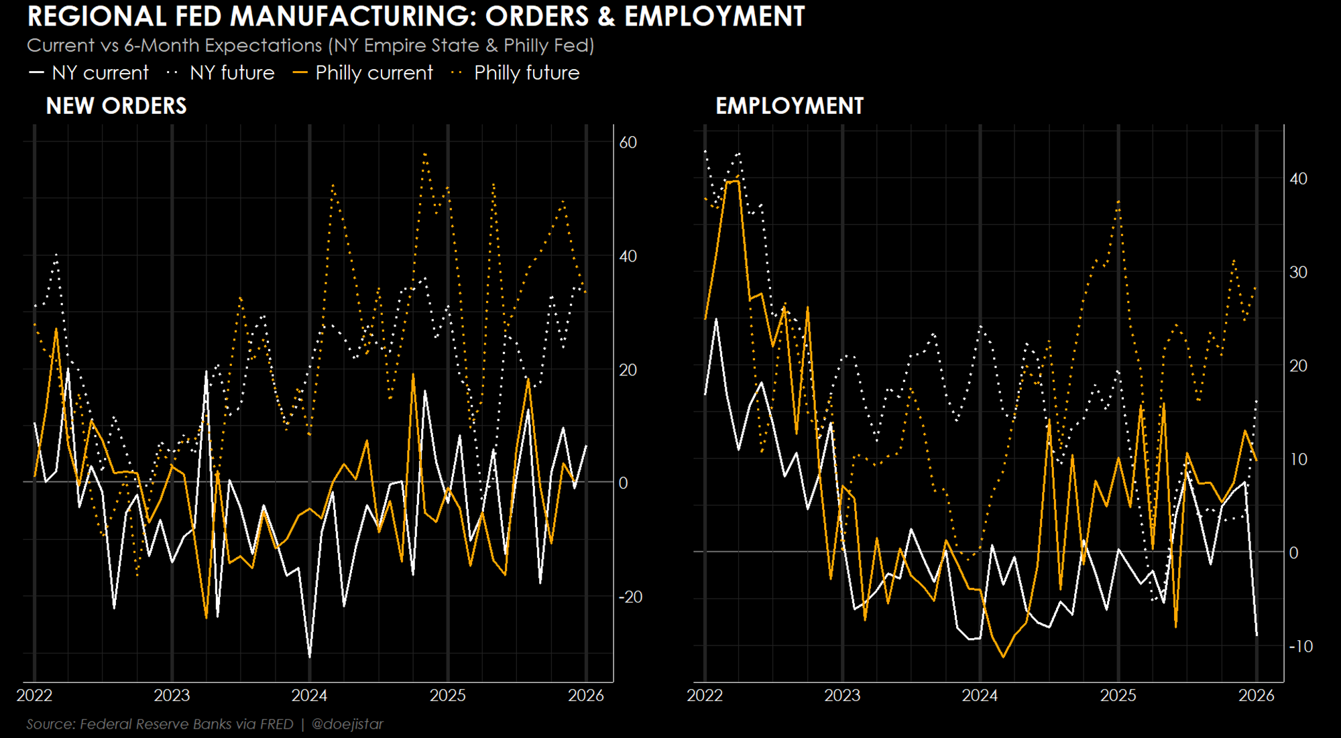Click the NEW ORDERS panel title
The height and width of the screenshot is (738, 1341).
[x=116, y=106]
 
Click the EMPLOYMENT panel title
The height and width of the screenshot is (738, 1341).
[x=789, y=106]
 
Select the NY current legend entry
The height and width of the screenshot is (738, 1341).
[x=89, y=72]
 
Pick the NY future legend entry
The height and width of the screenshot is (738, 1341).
[x=221, y=72]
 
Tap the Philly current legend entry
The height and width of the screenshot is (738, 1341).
[x=363, y=72]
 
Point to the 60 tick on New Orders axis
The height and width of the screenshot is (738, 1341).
[x=628, y=142]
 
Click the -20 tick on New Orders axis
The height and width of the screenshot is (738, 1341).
[x=630, y=597]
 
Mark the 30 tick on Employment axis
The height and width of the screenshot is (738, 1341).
[x=1298, y=272]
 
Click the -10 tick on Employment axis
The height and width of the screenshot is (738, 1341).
[x=1301, y=646]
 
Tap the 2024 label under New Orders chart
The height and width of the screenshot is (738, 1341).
[x=309, y=695]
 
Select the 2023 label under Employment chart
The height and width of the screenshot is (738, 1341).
[x=842, y=695]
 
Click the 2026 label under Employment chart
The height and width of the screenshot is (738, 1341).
[x=1257, y=695]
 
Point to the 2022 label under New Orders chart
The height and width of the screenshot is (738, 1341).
[x=34, y=695]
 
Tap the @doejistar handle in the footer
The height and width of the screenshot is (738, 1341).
[x=347, y=724]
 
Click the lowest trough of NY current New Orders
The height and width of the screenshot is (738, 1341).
[x=309, y=657]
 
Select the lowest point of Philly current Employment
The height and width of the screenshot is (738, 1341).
[x=1003, y=657]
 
